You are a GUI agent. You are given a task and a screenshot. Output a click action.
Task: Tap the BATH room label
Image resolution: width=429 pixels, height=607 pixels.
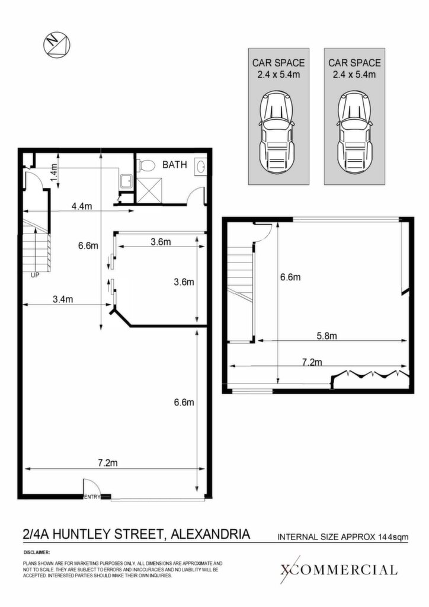point(174,165)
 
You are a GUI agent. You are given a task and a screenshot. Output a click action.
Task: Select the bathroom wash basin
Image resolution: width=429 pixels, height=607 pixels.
point(201,167)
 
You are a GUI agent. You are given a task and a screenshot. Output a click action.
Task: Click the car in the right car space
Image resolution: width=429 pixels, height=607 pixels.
point(354,132)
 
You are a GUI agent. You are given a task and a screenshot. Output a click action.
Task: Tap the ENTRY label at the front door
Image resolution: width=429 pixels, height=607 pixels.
point(92,497)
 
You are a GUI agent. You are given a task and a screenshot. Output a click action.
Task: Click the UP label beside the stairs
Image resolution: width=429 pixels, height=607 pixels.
point(35,275)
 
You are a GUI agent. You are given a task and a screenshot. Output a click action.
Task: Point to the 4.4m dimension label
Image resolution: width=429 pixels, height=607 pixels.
point(82,206)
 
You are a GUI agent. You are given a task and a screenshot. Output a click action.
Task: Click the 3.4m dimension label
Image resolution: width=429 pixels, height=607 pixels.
point(63,299)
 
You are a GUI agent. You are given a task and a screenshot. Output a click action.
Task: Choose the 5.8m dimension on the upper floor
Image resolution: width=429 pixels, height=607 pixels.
point(327,336)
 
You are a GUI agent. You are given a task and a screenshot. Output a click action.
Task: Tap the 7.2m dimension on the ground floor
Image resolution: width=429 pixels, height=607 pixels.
point(107,462)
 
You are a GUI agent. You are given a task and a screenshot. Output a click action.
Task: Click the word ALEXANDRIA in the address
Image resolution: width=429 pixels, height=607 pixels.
point(210,534)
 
